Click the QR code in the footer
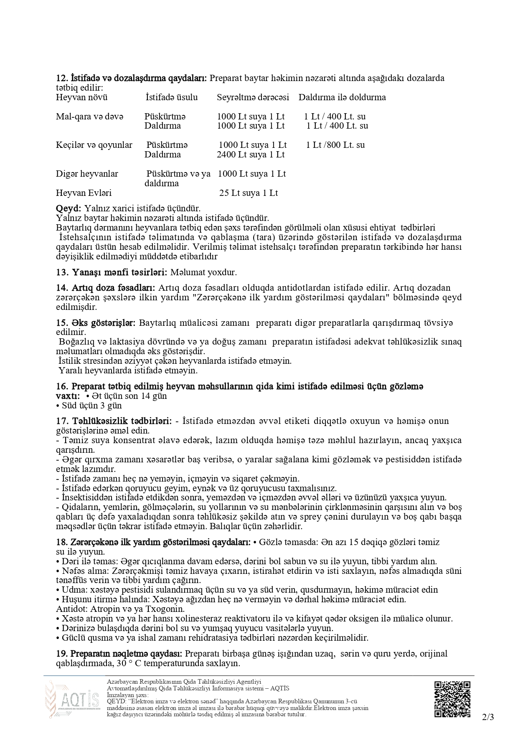(x=452, y=699)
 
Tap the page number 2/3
(x=488, y=718)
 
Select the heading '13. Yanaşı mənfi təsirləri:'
(x=112, y=272)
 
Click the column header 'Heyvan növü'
(x=81, y=97)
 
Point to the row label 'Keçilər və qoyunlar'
(x=94, y=145)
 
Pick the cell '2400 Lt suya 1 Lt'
(x=251, y=155)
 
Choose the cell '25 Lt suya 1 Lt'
(x=249, y=193)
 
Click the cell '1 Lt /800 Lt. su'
(x=335, y=145)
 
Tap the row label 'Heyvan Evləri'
(x=84, y=193)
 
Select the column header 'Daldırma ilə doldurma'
(x=342, y=97)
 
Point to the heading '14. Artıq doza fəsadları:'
(x=106, y=288)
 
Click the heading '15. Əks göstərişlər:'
(x=96, y=323)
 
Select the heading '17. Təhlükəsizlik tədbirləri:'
(x=114, y=421)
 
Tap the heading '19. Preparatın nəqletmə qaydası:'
(x=119, y=654)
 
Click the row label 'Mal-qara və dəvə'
(x=90, y=117)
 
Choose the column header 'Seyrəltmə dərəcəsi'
(x=253, y=97)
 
